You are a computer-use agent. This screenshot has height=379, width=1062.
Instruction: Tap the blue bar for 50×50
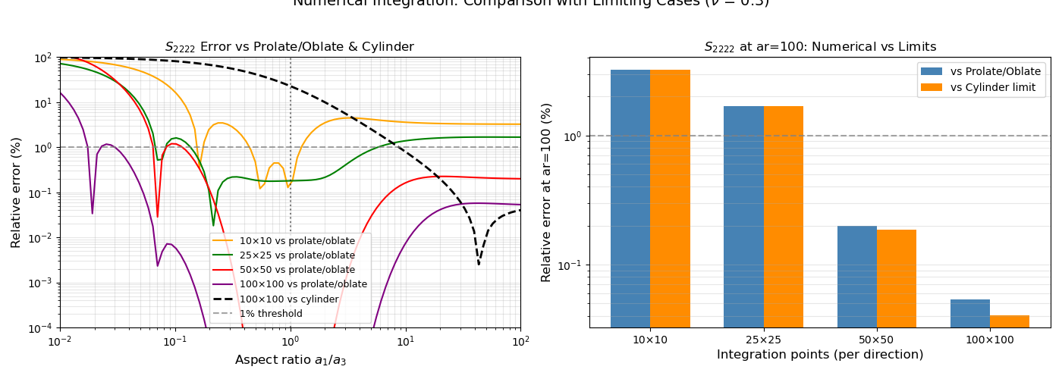pyautogui.click(x=857, y=277)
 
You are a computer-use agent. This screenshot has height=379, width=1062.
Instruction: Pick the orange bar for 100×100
pyautogui.click(x=1010, y=321)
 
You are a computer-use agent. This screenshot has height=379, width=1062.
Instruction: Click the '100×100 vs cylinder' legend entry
pyautogui.click(x=288, y=299)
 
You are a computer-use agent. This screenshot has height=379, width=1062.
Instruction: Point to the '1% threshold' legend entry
pyautogui.click(x=271, y=313)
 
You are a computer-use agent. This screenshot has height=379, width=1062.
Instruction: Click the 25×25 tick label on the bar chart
pyautogui.click(x=763, y=340)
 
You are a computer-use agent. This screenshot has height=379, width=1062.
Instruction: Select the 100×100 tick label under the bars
pyautogui.click(x=990, y=340)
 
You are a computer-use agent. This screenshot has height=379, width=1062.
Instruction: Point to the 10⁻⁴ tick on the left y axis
pyautogui.click(x=39, y=328)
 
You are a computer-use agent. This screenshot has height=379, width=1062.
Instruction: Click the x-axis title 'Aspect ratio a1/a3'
pyautogui.click(x=291, y=360)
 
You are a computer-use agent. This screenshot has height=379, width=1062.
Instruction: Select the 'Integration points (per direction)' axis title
pyautogui.click(x=820, y=355)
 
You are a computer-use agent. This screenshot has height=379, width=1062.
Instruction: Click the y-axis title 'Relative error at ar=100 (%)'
pyautogui.click(x=547, y=193)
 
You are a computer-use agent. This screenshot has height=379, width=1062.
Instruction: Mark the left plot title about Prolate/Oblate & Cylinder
pyautogui.click(x=290, y=47)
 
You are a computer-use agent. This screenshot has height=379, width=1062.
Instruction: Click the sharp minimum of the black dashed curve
pyautogui.click(x=479, y=264)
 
